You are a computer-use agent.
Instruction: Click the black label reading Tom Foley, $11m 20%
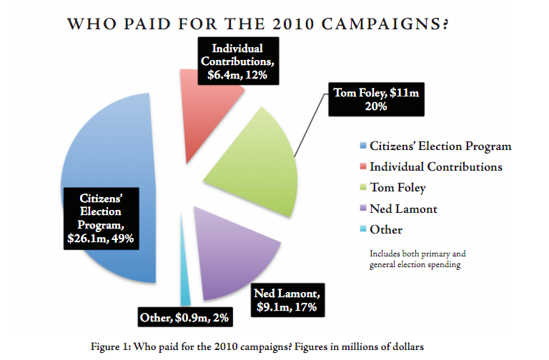point(375,99)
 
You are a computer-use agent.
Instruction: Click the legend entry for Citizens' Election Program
point(440,146)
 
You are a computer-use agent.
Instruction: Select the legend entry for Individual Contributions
point(435,167)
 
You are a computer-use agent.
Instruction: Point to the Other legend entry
point(385,229)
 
